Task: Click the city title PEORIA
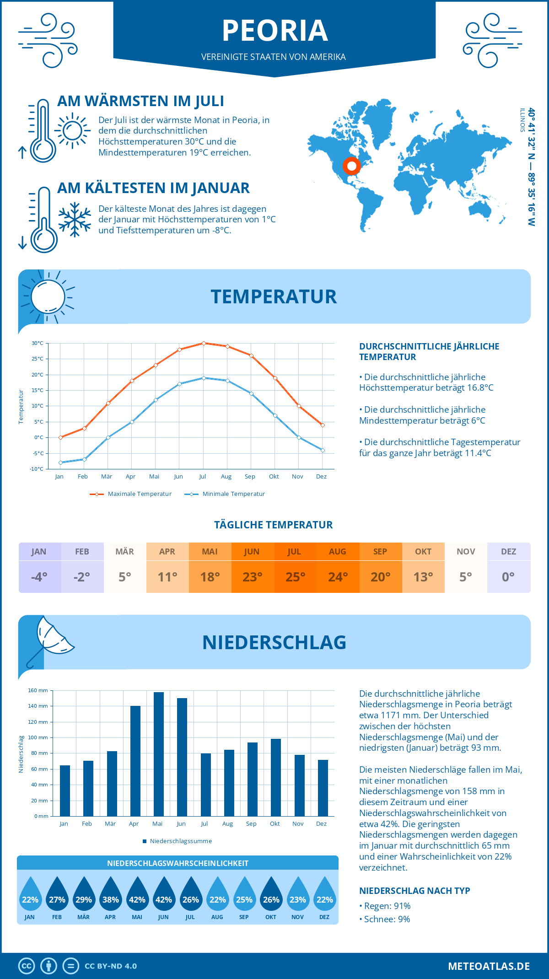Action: [x=274, y=31]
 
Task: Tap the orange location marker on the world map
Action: [x=351, y=166]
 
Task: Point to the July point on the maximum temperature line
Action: [x=204, y=343]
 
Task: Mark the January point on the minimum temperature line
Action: [x=60, y=463]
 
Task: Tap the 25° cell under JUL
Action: [x=295, y=577]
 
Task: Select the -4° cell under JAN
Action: [x=39, y=577]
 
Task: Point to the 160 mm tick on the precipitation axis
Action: [x=38, y=690]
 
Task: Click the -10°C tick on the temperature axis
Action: [x=37, y=469]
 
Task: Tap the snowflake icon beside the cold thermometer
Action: [x=75, y=220]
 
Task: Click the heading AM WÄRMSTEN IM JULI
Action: [x=140, y=101]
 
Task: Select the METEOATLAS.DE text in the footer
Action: [x=489, y=966]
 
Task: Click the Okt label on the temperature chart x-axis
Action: [x=274, y=477]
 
